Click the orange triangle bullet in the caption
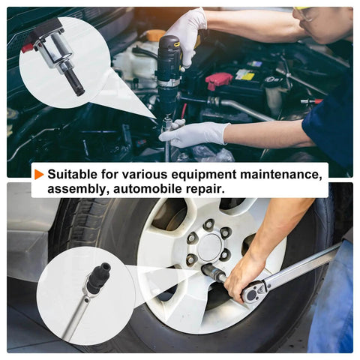click(x=39, y=174)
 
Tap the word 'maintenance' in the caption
click(x=280, y=174)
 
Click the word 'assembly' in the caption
click(x=78, y=190)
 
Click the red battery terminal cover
click(x=218, y=80)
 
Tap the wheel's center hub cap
click(x=210, y=247)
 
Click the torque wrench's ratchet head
click(x=252, y=293)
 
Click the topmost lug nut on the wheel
click(x=208, y=224)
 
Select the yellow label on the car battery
click(x=245, y=74)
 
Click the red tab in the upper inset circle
click(x=27, y=48)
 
